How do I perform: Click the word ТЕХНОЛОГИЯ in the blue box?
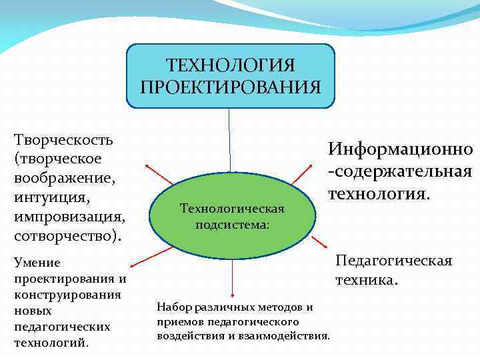click(x=230, y=66)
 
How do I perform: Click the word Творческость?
click(x=63, y=141)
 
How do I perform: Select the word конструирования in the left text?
click(x=67, y=295)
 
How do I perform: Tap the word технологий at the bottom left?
click(x=50, y=343)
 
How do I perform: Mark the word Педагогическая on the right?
click(x=393, y=260)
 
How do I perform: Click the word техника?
click(x=367, y=281)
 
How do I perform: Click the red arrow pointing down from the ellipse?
click(x=233, y=277)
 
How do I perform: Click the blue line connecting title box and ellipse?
click(x=230, y=140)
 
